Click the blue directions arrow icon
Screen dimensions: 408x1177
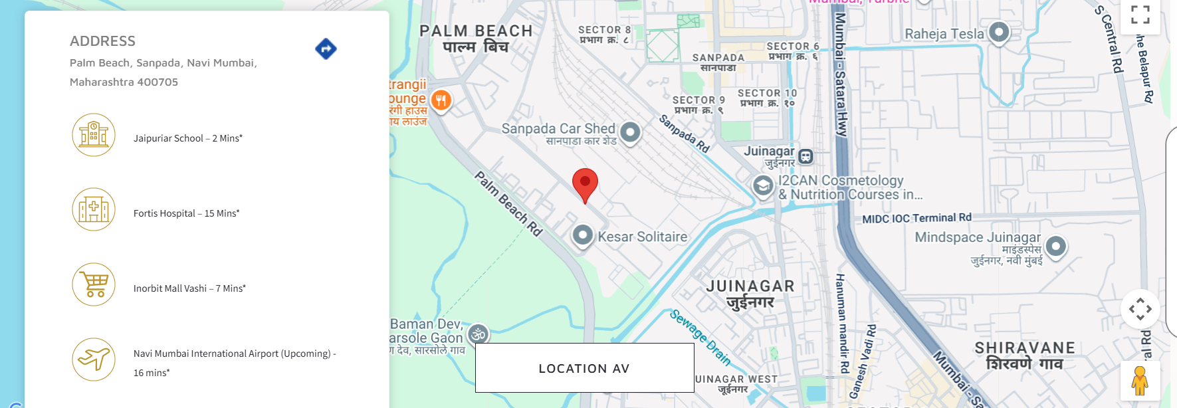[326, 49]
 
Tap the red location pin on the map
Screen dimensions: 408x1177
[585, 183]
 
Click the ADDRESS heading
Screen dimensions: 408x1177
[102, 41]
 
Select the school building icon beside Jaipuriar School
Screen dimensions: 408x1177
[94, 135]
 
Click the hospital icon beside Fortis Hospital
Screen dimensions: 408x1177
[94, 209]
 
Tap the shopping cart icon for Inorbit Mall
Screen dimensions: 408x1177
[94, 284]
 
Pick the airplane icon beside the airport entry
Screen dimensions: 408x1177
[94, 359]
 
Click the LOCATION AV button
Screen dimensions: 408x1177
[584, 368]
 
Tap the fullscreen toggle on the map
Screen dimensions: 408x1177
[1140, 15]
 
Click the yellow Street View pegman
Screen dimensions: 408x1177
[1140, 381]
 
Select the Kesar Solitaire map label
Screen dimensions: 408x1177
[642, 237]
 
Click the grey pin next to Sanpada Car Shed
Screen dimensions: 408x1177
[630, 132]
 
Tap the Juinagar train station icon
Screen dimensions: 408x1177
[805, 157]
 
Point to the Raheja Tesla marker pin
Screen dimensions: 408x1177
[999, 32]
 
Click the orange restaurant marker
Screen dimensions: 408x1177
[441, 100]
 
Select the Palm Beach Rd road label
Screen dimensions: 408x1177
[508, 203]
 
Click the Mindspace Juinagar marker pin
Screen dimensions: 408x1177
[1055, 247]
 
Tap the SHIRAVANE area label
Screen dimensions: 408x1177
[1024, 348]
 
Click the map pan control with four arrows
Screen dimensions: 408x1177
[1140, 309]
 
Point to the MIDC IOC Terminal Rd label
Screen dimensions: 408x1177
[916, 218]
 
